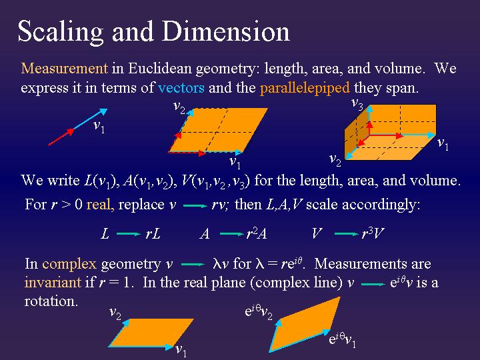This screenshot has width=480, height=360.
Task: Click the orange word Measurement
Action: click(64, 69)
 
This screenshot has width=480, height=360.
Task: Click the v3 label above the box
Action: click(357, 104)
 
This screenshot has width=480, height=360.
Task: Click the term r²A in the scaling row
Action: click(257, 234)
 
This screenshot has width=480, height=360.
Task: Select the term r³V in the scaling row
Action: click(372, 234)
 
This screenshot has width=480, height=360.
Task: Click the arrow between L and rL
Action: click(127, 234)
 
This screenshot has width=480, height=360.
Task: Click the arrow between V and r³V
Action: click(344, 234)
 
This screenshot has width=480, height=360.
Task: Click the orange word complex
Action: click(65, 264)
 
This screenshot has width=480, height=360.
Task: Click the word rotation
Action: click(51, 301)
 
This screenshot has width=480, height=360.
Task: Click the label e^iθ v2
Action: click(259, 311)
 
